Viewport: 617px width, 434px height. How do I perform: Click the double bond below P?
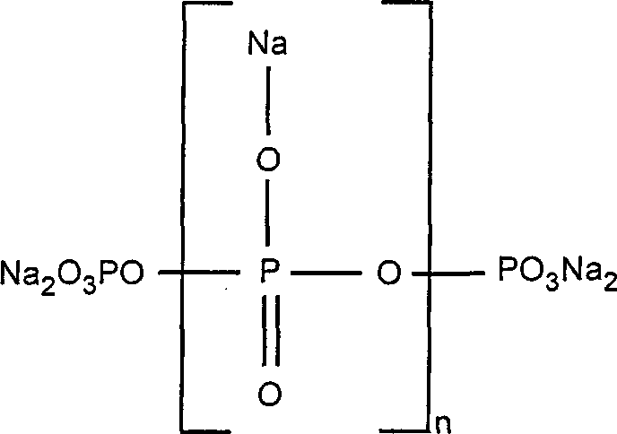[274, 332]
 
